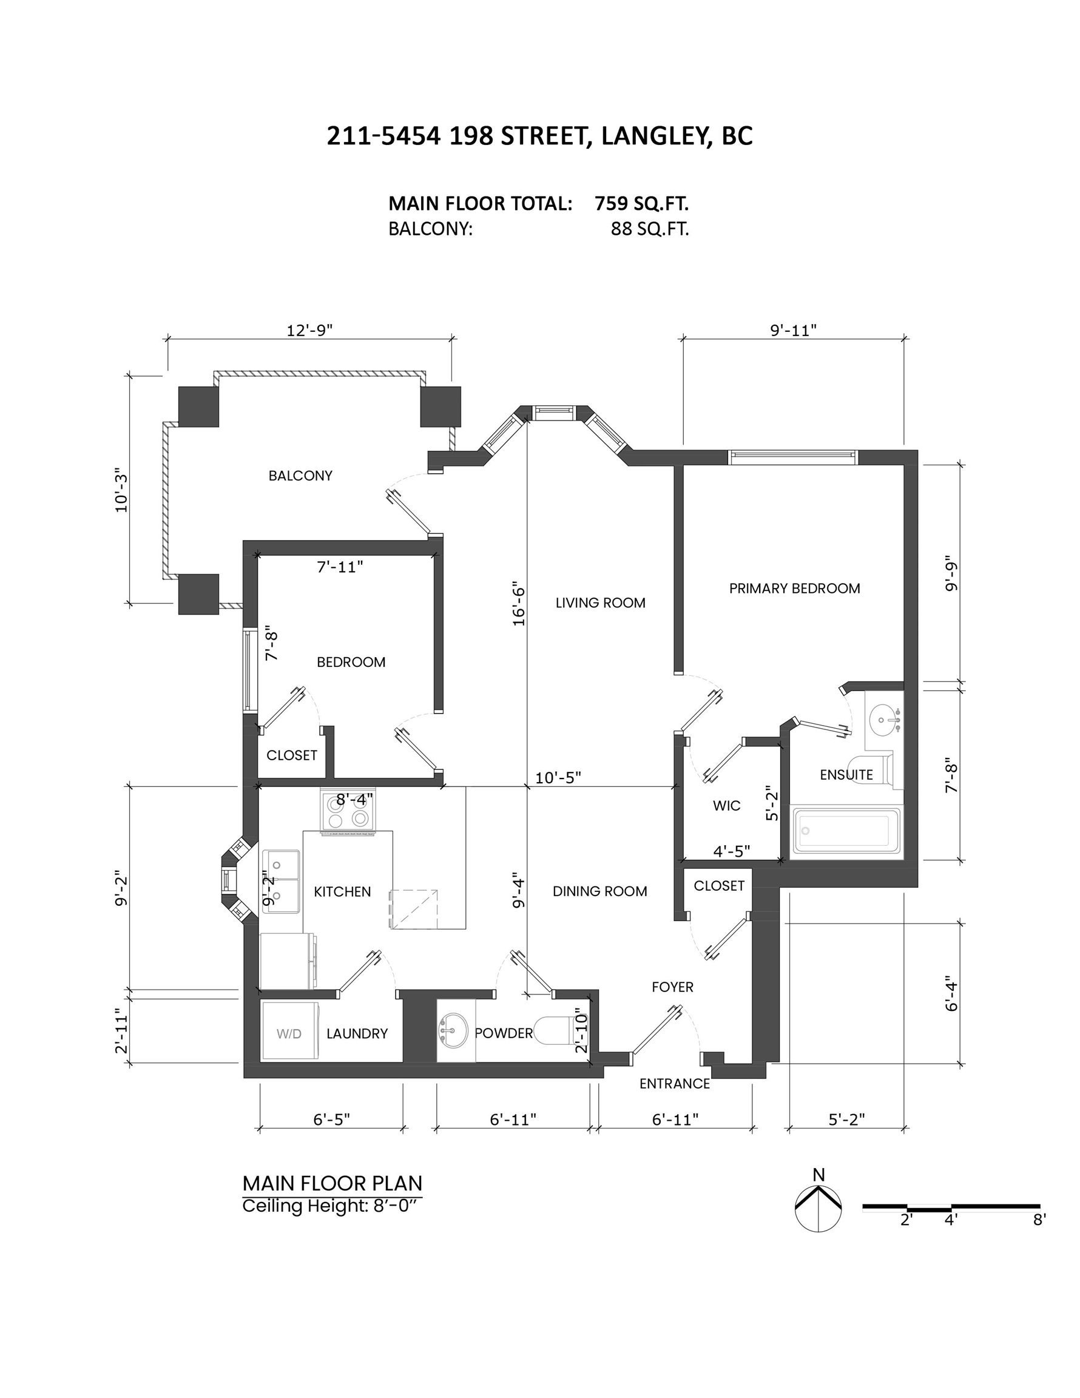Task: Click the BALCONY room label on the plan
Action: pyautogui.click(x=300, y=476)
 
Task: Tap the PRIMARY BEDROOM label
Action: pyautogui.click(x=794, y=588)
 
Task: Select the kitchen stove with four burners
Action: pyautogui.click(x=348, y=811)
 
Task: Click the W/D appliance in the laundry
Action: pyautogui.click(x=289, y=1033)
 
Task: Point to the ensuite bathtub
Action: pyautogui.click(x=846, y=831)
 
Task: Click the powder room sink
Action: pyautogui.click(x=455, y=1030)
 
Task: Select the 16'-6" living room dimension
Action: pyautogui.click(x=519, y=604)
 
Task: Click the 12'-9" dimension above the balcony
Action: pyautogui.click(x=309, y=329)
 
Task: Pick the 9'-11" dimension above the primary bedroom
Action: pyautogui.click(x=793, y=329)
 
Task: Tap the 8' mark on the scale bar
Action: pyautogui.click(x=1039, y=1220)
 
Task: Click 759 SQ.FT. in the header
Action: pyautogui.click(x=641, y=203)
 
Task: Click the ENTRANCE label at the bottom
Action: pyautogui.click(x=674, y=1084)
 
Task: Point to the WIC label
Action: pyautogui.click(x=727, y=806)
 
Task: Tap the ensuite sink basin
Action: pyautogui.click(x=884, y=720)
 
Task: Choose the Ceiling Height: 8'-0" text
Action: pyautogui.click(x=332, y=1206)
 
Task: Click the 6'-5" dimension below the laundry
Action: pyautogui.click(x=331, y=1119)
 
